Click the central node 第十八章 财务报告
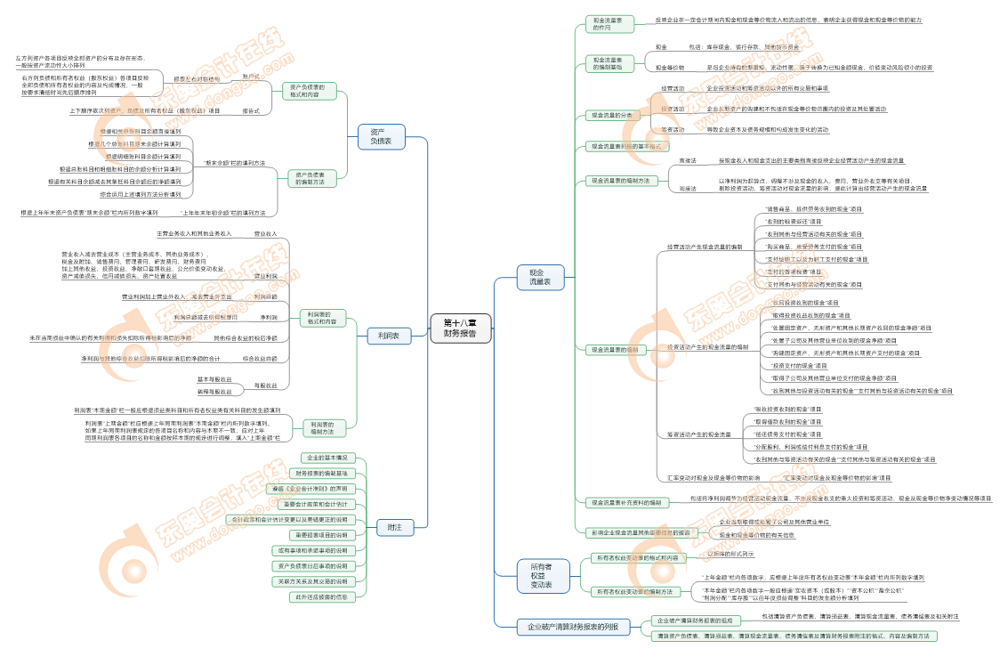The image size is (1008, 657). pyautogui.click(x=459, y=328)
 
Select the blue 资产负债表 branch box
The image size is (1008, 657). pyautogui.click(x=382, y=135)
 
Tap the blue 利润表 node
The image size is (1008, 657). pyautogui.click(x=389, y=336)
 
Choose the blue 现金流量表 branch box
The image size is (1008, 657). pyautogui.click(x=540, y=276)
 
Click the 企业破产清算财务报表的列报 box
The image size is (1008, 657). pyautogui.click(x=574, y=627)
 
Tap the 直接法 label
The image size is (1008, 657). pyautogui.click(x=688, y=160)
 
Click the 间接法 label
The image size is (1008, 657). pyautogui.click(x=688, y=189)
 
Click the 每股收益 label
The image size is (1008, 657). pyautogui.click(x=265, y=385)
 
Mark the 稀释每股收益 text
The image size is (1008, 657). pyautogui.click(x=214, y=392)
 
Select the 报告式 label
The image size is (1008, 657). pyautogui.click(x=251, y=110)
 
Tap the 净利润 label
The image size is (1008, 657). pyautogui.click(x=268, y=317)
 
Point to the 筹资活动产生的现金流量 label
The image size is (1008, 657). pyautogui.click(x=699, y=434)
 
